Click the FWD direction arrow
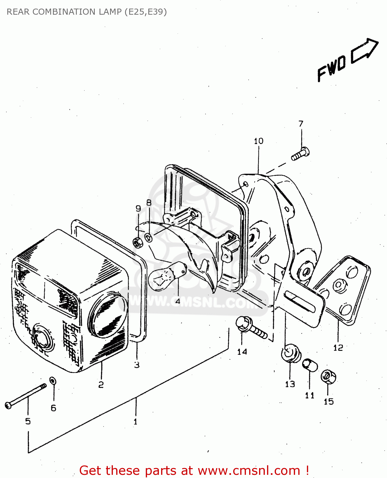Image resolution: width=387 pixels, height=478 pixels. (365, 50)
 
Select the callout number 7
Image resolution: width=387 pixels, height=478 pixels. (301, 124)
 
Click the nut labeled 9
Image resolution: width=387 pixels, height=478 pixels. (138, 243)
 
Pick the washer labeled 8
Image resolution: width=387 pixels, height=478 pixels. (149, 237)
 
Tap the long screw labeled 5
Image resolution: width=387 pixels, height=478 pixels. (26, 395)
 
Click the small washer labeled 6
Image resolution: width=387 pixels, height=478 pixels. (53, 380)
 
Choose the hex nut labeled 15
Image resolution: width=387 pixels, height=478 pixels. (328, 377)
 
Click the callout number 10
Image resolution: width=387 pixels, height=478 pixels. (258, 141)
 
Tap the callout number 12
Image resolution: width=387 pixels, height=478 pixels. (338, 348)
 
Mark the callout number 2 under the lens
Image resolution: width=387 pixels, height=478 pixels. (101, 385)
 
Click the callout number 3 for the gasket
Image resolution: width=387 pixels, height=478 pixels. (137, 365)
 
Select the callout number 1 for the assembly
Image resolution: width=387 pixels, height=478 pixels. (136, 422)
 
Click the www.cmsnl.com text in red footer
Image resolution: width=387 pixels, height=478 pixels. (249, 470)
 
